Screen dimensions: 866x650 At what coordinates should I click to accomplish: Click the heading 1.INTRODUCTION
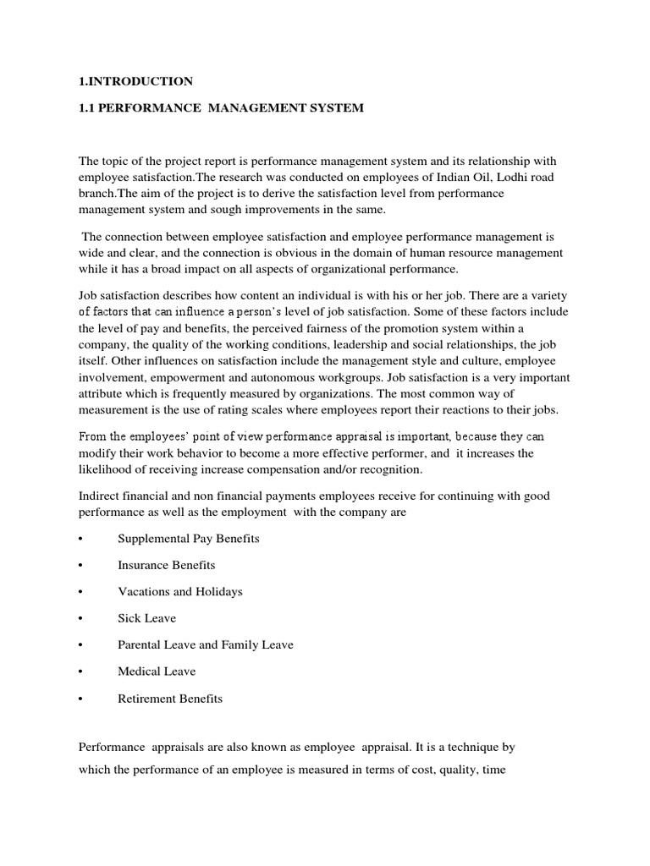tap(136, 81)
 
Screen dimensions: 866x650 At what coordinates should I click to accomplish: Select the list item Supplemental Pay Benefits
tap(188, 539)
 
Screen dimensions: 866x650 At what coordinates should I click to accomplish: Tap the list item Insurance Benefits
tap(166, 565)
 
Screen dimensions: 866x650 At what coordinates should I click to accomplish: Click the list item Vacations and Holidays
tap(179, 592)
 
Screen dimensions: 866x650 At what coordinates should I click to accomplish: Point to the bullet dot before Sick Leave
tap(81, 619)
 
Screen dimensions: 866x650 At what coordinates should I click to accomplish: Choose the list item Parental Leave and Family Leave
tap(205, 645)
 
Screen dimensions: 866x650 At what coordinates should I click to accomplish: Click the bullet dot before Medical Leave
tap(81, 672)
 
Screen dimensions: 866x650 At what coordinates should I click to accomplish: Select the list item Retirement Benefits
tap(169, 699)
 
